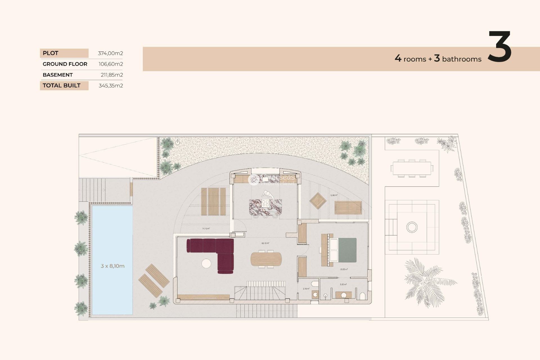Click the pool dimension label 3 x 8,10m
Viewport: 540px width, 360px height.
pyautogui.click(x=112, y=266)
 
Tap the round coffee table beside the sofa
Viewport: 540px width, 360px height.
pyautogui.click(x=206, y=264)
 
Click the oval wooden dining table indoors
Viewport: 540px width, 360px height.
pyautogui.click(x=266, y=259)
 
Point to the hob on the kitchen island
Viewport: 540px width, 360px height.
pyautogui.click(x=265, y=203)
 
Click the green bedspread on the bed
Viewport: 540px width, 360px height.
pyautogui.click(x=347, y=250)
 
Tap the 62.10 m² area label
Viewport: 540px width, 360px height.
pyautogui.click(x=265, y=243)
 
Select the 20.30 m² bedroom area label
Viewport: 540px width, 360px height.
pyautogui.click(x=343, y=269)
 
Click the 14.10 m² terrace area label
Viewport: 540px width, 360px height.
pyautogui.click(x=206, y=229)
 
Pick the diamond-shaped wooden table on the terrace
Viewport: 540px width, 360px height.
pyautogui.click(x=318, y=201)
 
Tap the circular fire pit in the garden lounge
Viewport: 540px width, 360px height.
pyautogui.click(x=412, y=227)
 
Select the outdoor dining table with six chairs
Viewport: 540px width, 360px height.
pyautogui.click(x=412, y=168)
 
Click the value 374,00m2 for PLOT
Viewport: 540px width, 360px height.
pyautogui.click(x=110, y=53)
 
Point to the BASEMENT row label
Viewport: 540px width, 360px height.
pyautogui.click(x=58, y=75)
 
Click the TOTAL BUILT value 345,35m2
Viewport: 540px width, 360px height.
pyautogui.click(x=111, y=85)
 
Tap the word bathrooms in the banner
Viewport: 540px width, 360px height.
pyautogui.click(x=462, y=59)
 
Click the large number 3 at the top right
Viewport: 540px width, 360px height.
pyautogui.click(x=499, y=47)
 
